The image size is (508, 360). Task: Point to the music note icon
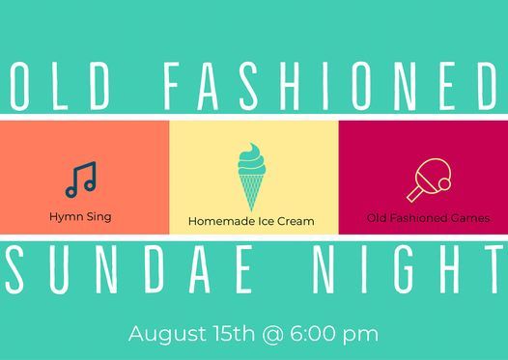[x=81, y=179]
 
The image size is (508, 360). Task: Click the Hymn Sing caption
[x=80, y=216]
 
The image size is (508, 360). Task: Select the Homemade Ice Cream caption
[x=251, y=222]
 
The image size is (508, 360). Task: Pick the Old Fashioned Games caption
[x=428, y=218]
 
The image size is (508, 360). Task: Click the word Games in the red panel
[x=468, y=218]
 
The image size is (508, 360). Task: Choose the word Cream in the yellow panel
[x=295, y=222]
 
